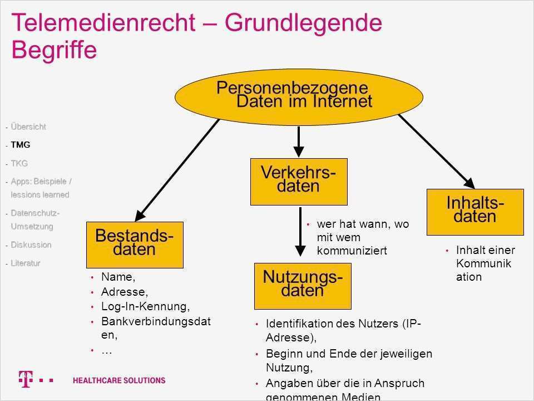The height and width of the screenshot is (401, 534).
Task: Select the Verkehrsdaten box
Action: point(299,181)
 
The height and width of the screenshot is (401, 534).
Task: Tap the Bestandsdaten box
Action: point(135,244)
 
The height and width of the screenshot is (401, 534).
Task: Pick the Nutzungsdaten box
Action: point(303,285)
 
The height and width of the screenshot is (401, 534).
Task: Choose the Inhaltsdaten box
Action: point(475,212)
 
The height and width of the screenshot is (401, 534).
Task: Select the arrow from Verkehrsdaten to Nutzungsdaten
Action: point(300,234)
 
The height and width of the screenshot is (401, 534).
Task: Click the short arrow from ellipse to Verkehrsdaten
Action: point(299,142)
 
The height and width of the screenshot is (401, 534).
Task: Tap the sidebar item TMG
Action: point(21,145)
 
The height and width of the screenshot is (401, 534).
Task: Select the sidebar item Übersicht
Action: point(28,127)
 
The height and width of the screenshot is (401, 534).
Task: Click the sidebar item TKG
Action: point(19,163)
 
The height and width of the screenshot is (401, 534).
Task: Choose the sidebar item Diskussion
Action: point(31,245)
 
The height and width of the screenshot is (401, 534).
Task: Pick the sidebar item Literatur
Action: point(26,263)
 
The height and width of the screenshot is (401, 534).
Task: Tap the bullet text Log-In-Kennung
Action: point(145,306)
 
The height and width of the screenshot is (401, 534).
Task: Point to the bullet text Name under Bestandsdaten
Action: point(118,277)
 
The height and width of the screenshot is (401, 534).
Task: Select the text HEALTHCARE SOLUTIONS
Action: point(119,380)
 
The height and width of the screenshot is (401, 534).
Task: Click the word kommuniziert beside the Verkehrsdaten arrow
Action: point(352,251)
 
